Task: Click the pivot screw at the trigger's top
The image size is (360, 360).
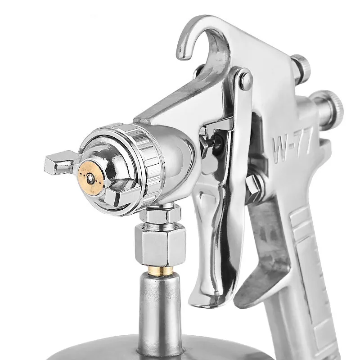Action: pyautogui.click(x=246, y=80)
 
